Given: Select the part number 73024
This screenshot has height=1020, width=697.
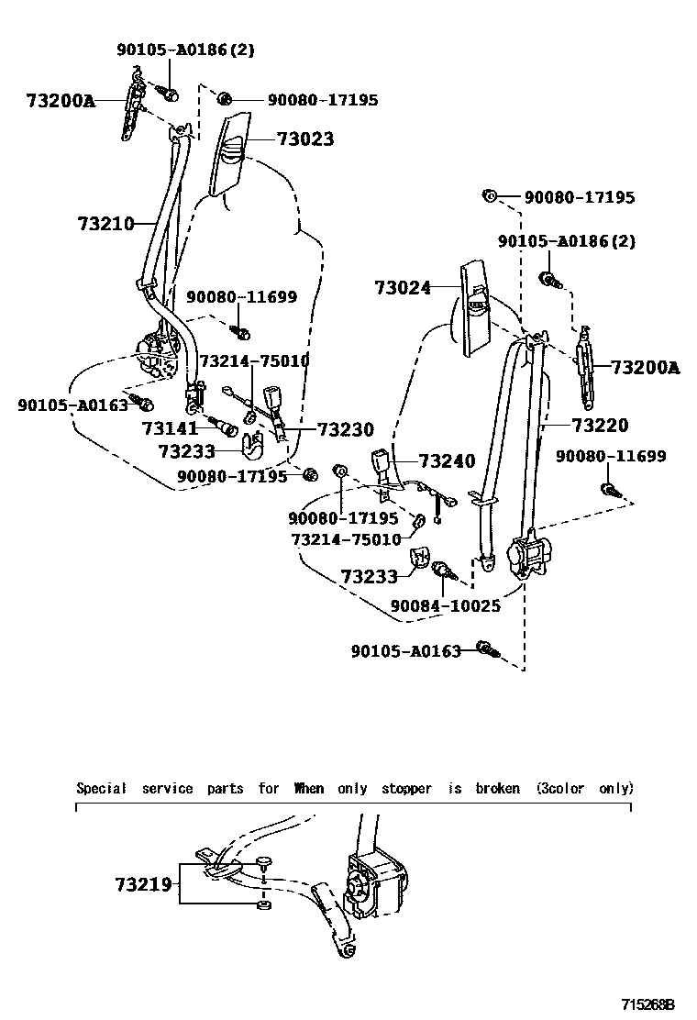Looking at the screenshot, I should pyautogui.click(x=402, y=287).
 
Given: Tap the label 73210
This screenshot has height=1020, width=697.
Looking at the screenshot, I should pyautogui.click(x=105, y=223).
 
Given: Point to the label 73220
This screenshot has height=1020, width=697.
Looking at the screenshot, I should pyautogui.click(x=600, y=425).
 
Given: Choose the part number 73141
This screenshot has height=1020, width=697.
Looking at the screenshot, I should pyautogui.click(x=170, y=427).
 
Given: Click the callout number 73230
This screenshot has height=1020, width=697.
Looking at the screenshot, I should pyautogui.click(x=346, y=428).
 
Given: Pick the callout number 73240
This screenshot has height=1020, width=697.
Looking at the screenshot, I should pyautogui.click(x=447, y=460).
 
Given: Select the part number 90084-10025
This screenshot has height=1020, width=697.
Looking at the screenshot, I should pyautogui.click(x=445, y=606).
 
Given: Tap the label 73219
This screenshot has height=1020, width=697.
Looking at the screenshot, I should pyautogui.click(x=143, y=884).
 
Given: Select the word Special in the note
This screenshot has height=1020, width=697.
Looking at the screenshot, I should pyautogui.click(x=102, y=788).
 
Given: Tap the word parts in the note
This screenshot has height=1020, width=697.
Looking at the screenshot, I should pyautogui.click(x=225, y=788).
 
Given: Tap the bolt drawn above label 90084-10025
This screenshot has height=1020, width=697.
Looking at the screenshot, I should pyautogui.click(x=441, y=571).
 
